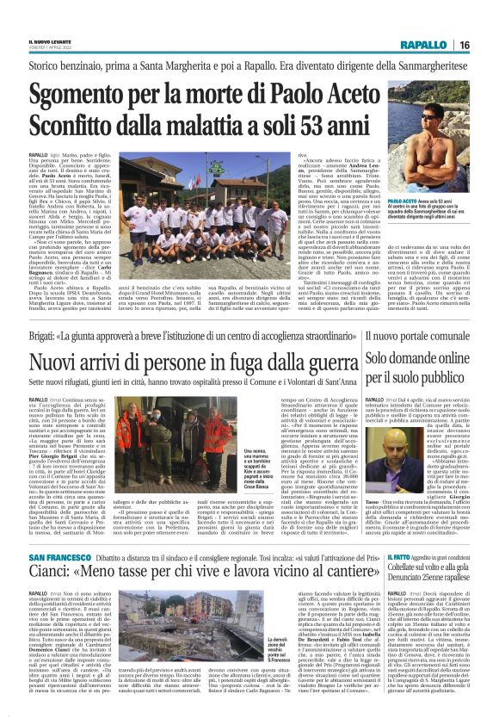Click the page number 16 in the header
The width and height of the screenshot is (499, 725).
pyautogui.click(x=487, y=46)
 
